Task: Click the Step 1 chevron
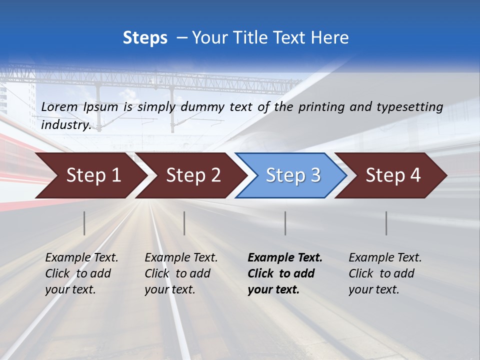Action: pyautogui.click(x=93, y=175)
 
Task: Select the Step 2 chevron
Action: pyautogui.click(x=193, y=175)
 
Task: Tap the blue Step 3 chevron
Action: pyautogui.click(x=293, y=175)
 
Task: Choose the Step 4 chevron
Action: pyautogui.click(x=393, y=175)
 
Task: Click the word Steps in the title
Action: pyautogui.click(x=145, y=38)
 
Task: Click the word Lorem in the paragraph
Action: pyautogui.click(x=59, y=106)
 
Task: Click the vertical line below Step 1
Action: pyautogui.click(x=84, y=223)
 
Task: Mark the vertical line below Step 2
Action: pyautogui.click(x=184, y=223)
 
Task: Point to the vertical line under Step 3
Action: pyautogui.click(x=285, y=223)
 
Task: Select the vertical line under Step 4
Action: pyautogui.click(x=386, y=223)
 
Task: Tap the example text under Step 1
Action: pyautogui.click(x=81, y=273)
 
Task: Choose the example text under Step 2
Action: pyautogui.click(x=181, y=273)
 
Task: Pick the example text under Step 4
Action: pyautogui.click(x=385, y=273)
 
